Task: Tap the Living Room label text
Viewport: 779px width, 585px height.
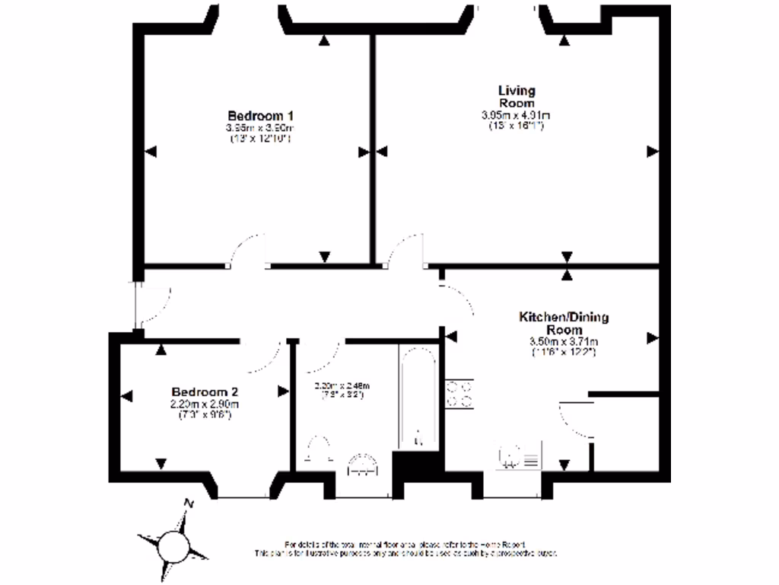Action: click(516, 97)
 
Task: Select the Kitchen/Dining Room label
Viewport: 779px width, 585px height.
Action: click(564, 322)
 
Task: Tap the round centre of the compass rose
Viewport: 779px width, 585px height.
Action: click(173, 545)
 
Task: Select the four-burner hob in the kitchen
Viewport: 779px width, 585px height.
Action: click(459, 393)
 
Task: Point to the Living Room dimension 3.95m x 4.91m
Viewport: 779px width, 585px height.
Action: click(516, 115)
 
